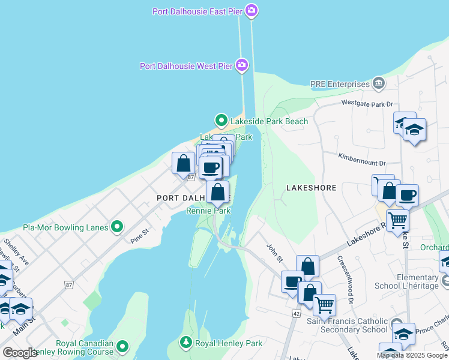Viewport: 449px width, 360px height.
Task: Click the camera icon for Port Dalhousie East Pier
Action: click(x=252, y=11)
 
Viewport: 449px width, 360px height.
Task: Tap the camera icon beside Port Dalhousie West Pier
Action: click(x=241, y=65)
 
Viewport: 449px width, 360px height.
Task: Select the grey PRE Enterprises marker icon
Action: click(x=379, y=83)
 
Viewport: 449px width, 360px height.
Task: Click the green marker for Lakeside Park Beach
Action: click(x=221, y=121)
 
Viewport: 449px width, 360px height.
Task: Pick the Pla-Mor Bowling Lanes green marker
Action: click(x=117, y=227)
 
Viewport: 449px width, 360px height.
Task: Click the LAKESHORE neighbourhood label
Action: click(x=311, y=188)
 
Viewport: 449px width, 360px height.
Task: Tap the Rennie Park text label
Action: click(x=208, y=211)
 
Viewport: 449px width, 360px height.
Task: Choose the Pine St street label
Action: click(x=139, y=235)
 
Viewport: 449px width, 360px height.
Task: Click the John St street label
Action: click(x=274, y=252)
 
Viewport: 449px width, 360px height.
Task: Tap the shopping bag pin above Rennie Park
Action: click(x=217, y=193)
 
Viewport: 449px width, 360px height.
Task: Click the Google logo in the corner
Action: click(x=20, y=353)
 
